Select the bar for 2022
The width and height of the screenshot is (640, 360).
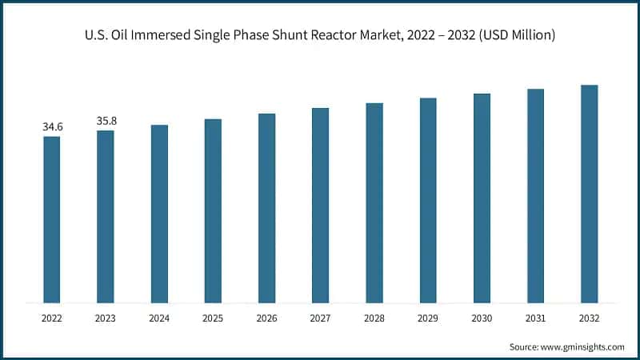(x=52, y=219)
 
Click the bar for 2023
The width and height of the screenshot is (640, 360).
(x=106, y=216)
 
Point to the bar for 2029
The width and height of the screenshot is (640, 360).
(x=428, y=200)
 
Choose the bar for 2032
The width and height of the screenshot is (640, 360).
(x=589, y=194)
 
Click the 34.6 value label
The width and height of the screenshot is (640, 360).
(x=52, y=126)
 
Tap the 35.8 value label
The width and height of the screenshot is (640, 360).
(x=106, y=121)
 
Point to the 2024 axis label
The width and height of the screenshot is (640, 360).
(x=159, y=318)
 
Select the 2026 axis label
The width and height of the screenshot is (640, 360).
(x=266, y=318)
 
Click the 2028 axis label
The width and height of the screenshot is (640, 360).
(x=374, y=318)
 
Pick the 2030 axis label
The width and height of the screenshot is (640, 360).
(x=482, y=318)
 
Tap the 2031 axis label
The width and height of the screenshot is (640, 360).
(x=535, y=318)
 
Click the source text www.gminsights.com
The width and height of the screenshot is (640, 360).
(x=583, y=346)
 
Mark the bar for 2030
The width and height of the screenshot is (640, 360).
(x=482, y=198)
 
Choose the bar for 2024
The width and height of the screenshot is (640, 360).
(x=159, y=214)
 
